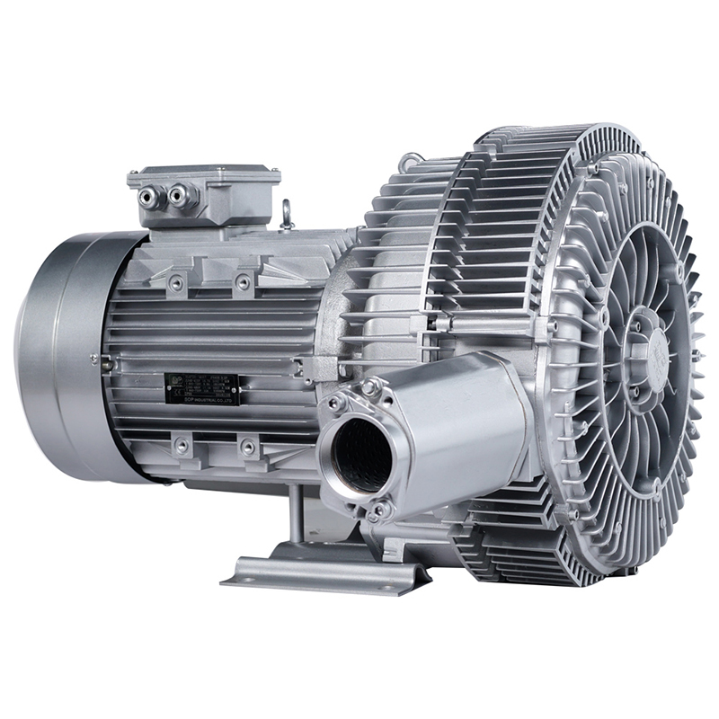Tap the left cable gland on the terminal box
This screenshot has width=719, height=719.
pyautogui.click(x=151, y=193)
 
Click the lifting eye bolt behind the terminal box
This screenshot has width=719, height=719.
pyautogui.click(x=287, y=214)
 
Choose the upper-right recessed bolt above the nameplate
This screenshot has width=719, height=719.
pyautogui.click(x=243, y=283)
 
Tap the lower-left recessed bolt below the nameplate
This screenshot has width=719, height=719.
pyautogui.click(x=182, y=445)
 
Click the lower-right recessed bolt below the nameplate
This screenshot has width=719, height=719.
pyautogui.click(x=247, y=446)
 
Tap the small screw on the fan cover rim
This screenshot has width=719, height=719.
pyautogui.click(x=93, y=359)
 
